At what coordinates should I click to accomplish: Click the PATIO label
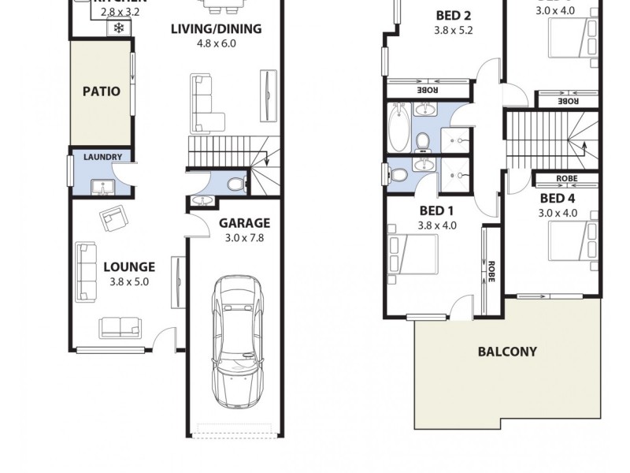[102, 91]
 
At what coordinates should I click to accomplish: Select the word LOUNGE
[129, 266]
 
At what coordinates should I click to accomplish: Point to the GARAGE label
[244, 223]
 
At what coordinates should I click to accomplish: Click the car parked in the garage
[235, 340]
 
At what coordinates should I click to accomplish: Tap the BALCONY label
[507, 352]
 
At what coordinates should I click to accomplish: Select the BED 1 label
[436, 210]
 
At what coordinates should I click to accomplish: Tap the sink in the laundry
[102, 188]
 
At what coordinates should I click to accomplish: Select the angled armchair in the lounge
[113, 218]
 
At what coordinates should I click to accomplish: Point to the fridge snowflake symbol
[119, 28]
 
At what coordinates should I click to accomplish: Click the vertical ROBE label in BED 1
[491, 271]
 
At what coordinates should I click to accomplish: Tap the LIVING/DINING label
[217, 29]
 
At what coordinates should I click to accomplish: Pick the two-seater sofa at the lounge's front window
[120, 326]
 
